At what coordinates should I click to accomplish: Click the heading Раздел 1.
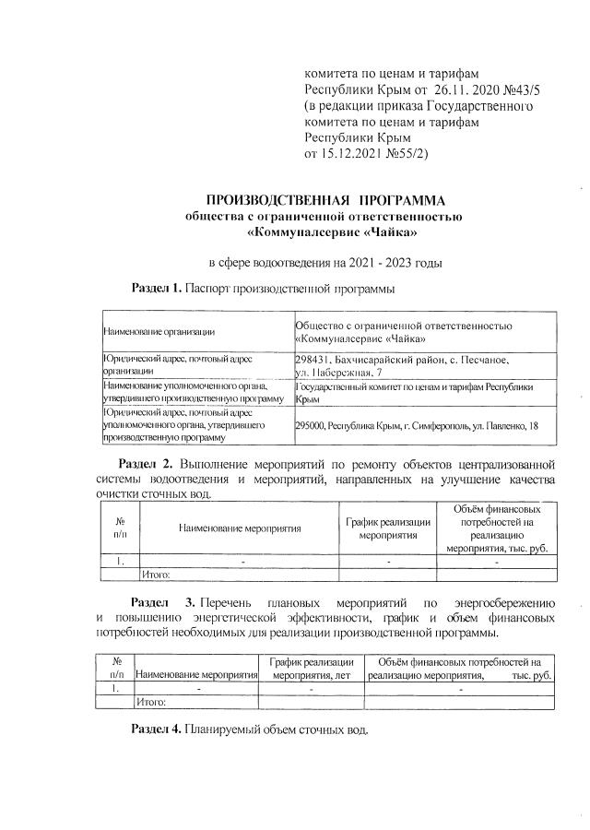[156, 289]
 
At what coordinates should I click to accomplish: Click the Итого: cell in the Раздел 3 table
[150, 702]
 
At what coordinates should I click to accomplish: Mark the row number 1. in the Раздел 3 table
[115, 688]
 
